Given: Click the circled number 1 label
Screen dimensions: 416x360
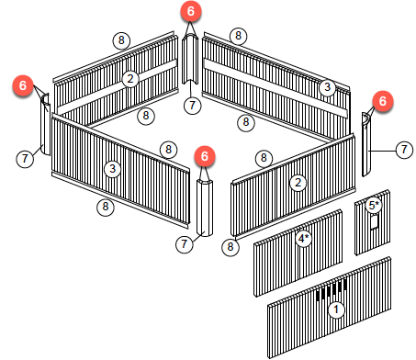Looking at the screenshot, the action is [x=336, y=309].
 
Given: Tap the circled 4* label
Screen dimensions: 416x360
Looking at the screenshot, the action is [x=304, y=238].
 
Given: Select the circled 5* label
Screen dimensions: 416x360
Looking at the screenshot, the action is [x=374, y=205].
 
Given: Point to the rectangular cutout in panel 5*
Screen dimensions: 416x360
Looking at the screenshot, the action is [x=375, y=221].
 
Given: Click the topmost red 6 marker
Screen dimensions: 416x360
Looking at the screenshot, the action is [x=190, y=11].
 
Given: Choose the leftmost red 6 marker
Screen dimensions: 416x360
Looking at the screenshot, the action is [x=23, y=85].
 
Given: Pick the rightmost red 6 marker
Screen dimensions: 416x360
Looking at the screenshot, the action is [x=383, y=101].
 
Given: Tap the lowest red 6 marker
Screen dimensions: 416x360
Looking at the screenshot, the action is [x=205, y=156].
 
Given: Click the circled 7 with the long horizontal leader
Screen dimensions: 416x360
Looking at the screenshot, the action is [x=404, y=150].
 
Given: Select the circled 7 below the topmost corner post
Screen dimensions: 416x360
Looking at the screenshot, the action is [x=192, y=106].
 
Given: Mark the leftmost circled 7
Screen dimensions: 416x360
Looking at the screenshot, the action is [x=25, y=159].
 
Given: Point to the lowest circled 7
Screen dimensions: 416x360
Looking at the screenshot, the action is [x=185, y=244].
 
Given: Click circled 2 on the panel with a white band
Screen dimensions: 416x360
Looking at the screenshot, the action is [x=130, y=79].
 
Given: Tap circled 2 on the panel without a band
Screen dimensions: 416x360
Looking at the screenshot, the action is [x=298, y=183].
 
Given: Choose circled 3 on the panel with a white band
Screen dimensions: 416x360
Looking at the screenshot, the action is [x=327, y=87].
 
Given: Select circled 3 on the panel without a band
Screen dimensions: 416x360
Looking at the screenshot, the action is [x=112, y=169].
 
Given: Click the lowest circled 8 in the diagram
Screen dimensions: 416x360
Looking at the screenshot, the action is [x=230, y=247].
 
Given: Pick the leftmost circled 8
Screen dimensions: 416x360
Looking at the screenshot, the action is [x=106, y=207].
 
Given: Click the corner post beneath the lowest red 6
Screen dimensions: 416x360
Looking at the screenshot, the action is [x=205, y=208].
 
